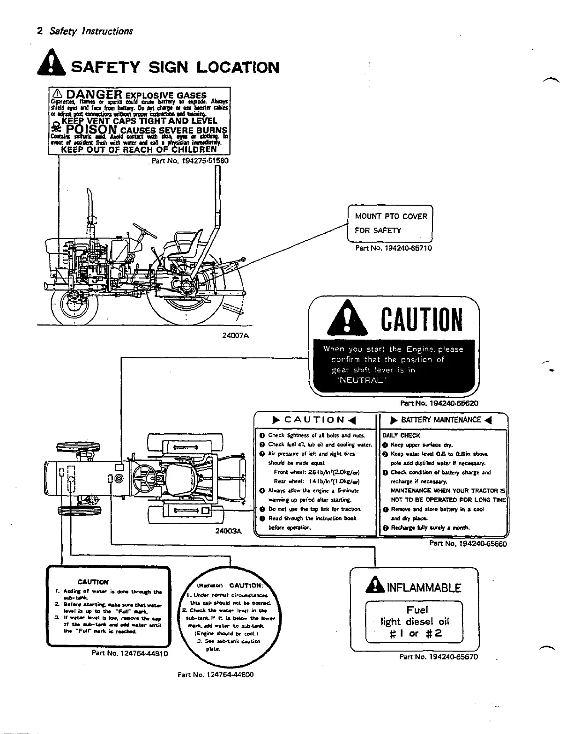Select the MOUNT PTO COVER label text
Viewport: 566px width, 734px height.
click(391, 216)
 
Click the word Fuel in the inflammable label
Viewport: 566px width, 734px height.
click(417, 610)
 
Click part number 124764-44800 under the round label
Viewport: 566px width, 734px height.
click(216, 675)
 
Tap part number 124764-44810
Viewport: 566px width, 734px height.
click(130, 652)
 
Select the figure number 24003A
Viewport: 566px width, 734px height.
click(228, 531)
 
